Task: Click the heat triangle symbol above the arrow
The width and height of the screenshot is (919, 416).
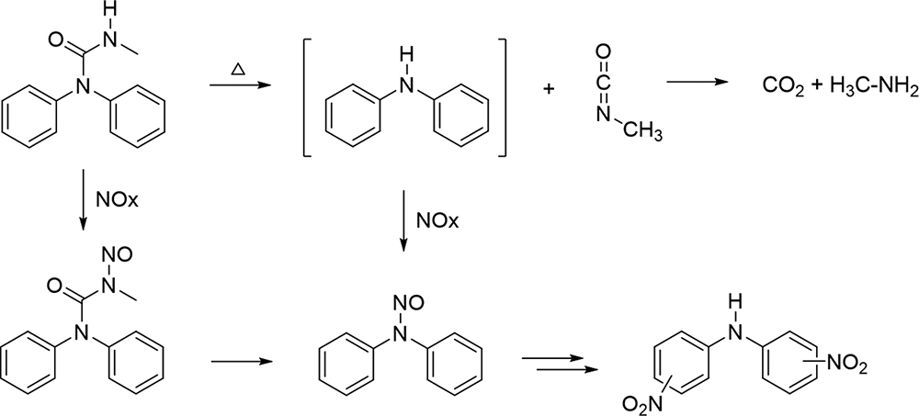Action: click(x=237, y=71)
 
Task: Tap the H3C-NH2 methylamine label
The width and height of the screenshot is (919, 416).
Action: click(x=874, y=87)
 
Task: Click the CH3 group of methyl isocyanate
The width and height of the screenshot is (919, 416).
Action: click(x=643, y=132)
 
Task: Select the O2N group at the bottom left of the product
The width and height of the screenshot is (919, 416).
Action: click(x=640, y=404)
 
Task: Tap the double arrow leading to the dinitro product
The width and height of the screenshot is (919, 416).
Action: click(x=561, y=364)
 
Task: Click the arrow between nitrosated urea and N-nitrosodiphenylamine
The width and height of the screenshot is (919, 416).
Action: click(x=242, y=362)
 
